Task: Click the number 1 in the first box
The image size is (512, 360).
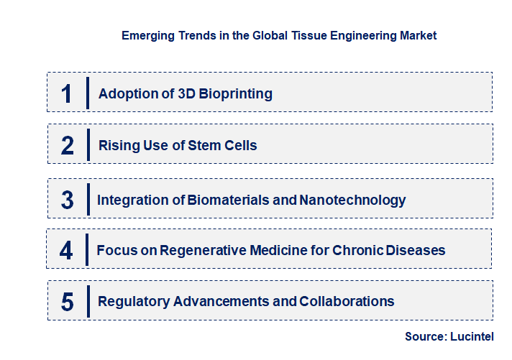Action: click(67, 93)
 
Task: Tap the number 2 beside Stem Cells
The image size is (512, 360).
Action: click(68, 146)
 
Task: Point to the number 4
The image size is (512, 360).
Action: click(67, 251)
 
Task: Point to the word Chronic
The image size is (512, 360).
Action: click(355, 251)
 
